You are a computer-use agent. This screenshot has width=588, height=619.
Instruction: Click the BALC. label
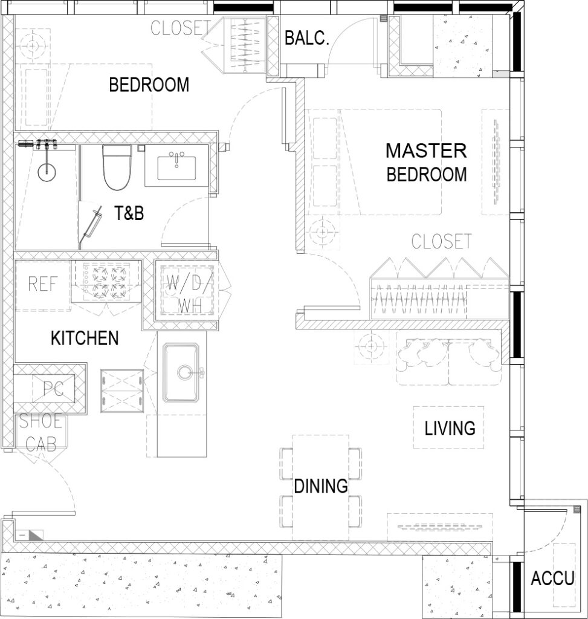[x=306, y=38]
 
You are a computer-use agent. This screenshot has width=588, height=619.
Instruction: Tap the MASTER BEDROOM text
[x=426, y=162]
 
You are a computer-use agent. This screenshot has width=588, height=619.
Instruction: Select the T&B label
[x=129, y=213]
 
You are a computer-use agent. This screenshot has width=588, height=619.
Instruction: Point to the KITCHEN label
[x=85, y=339]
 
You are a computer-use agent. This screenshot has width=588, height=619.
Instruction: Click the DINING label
[x=321, y=486]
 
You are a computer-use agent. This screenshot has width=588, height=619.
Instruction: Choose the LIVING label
[x=450, y=429]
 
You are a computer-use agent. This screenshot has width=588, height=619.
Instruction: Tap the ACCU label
[x=552, y=578]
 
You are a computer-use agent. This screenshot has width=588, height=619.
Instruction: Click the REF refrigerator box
[x=43, y=285]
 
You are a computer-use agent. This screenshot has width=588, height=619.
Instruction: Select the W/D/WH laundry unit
[x=190, y=290]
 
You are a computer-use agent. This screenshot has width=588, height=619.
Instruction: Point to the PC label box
[x=54, y=389]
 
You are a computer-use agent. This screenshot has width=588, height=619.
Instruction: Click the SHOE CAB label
[x=41, y=433]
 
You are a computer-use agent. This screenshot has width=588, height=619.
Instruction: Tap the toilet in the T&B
[x=117, y=167]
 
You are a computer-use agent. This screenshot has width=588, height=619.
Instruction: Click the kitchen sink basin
[x=181, y=372]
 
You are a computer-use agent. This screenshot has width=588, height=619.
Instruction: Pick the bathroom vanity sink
[x=177, y=167]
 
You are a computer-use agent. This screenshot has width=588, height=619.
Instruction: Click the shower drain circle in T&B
[x=47, y=172]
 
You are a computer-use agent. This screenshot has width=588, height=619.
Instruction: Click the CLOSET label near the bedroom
[x=180, y=28]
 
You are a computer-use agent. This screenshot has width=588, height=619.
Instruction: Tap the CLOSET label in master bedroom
[x=442, y=241]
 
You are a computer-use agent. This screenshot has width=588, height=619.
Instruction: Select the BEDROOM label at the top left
[x=149, y=85]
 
